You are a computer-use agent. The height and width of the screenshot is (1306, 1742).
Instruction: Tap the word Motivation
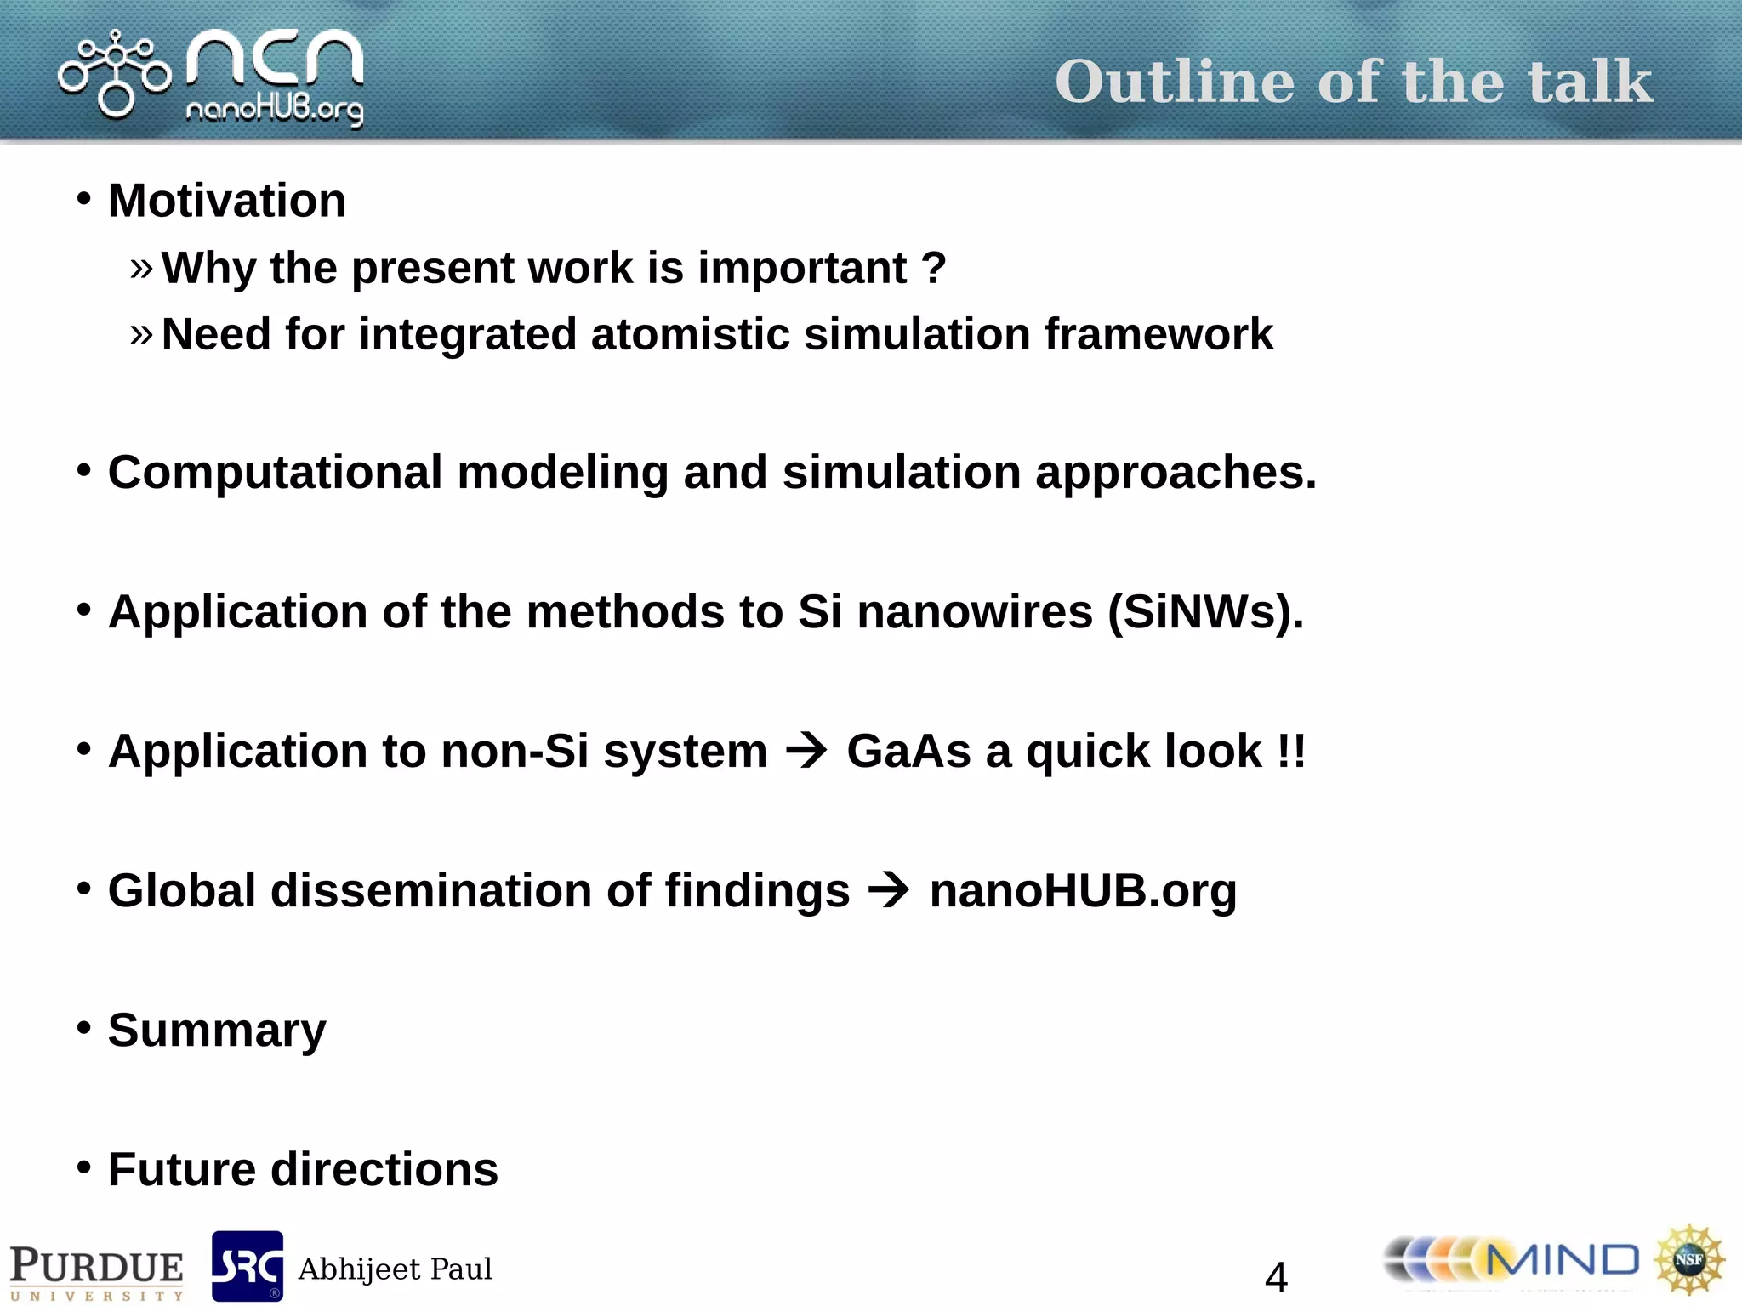pos(227,202)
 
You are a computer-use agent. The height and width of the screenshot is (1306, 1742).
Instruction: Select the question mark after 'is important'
pos(934,268)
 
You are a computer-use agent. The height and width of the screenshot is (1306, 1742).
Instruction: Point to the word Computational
pos(275,473)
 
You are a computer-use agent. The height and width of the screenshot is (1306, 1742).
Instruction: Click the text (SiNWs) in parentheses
pos(1204,612)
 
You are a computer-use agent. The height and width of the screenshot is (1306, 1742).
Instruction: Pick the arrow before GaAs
pos(806,750)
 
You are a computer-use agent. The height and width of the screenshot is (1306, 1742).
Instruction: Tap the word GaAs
pos(908,752)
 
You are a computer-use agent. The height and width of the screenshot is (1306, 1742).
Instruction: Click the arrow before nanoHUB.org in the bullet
pos(889,890)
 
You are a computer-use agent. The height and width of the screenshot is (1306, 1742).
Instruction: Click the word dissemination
pos(431,891)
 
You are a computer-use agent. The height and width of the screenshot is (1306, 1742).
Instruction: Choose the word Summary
pos(217,1031)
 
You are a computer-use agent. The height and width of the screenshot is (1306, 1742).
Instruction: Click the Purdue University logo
pos(96,1270)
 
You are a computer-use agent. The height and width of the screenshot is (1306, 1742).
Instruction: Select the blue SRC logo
pos(247,1266)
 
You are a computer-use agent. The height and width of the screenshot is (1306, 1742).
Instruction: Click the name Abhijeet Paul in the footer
pos(395,1269)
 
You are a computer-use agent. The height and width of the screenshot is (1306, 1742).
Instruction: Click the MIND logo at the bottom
pos(1512,1260)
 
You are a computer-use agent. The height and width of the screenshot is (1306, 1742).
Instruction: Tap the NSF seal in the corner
pos(1689,1259)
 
